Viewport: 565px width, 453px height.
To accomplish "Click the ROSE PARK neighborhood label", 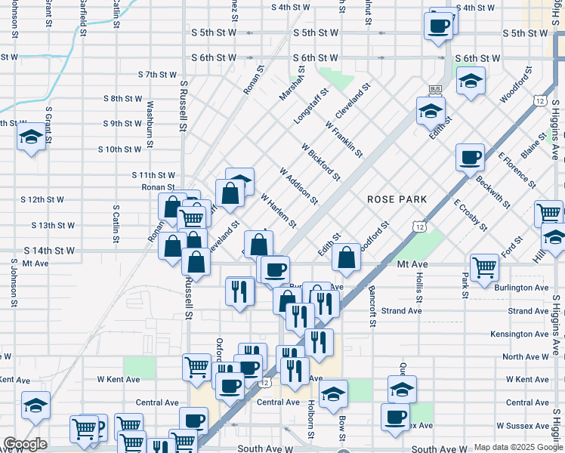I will [x=397, y=199].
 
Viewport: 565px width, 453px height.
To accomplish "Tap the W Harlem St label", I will [x=278, y=211].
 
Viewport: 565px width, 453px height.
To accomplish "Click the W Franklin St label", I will [x=344, y=139].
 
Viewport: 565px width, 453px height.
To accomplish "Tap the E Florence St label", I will [x=517, y=170].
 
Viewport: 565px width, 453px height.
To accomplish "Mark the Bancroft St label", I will [x=372, y=306].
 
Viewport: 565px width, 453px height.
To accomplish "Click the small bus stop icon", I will [x=434, y=89].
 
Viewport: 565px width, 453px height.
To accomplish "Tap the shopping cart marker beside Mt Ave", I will [x=483, y=266].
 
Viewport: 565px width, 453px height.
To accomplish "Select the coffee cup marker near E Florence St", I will [x=470, y=157].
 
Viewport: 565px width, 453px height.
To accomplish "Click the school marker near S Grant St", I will [x=31, y=137].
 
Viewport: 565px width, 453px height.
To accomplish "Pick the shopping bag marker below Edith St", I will [x=346, y=257].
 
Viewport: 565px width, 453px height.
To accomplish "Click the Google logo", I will [x=25, y=444].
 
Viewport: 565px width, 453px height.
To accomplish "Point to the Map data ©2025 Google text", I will [x=517, y=447].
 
